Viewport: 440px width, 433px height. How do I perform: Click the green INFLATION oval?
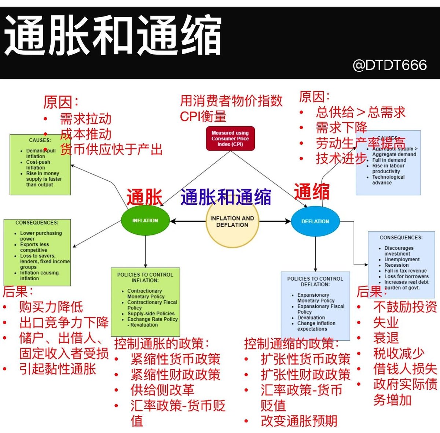[x=145, y=221]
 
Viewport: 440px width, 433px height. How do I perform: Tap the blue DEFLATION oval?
[x=315, y=221]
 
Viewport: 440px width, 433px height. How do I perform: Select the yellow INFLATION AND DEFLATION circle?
[x=232, y=221]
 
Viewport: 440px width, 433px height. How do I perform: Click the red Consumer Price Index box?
[x=230, y=138]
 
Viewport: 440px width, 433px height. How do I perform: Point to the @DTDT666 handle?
[x=389, y=65]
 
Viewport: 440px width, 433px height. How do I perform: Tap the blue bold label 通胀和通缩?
[x=225, y=197]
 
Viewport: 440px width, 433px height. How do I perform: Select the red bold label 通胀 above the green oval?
[x=144, y=197]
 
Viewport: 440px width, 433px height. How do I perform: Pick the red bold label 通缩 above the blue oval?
[x=312, y=192]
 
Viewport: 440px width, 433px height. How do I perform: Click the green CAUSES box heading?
[x=40, y=140]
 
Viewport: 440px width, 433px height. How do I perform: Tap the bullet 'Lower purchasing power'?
[x=41, y=236]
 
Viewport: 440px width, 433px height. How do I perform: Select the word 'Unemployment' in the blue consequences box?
[x=402, y=259]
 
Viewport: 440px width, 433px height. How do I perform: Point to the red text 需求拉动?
[x=85, y=119]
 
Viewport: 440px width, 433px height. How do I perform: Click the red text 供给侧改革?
[x=162, y=390]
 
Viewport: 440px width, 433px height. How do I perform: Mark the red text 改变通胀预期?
[x=299, y=421]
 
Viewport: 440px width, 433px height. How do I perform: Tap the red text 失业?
[x=386, y=322]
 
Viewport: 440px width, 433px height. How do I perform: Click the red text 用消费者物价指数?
[x=231, y=101]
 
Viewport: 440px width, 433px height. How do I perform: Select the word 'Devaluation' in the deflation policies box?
[x=311, y=318]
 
